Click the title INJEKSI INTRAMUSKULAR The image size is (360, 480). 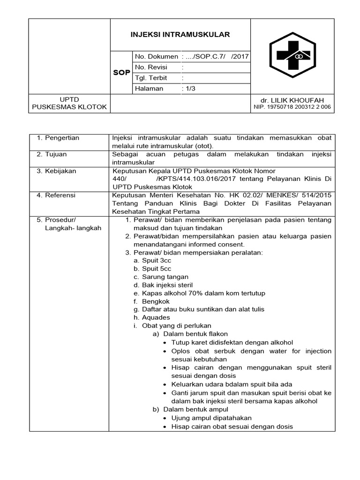(180, 35)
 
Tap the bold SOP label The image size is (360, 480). (121, 73)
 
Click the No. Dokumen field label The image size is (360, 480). (157, 57)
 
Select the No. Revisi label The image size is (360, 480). (151, 67)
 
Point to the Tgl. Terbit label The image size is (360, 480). (151, 78)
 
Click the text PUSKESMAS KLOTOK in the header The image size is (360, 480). (69, 107)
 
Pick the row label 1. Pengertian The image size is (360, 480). (58, 138)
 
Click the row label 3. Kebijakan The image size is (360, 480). (56, 171)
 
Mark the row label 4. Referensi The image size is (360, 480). (56, 195)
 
